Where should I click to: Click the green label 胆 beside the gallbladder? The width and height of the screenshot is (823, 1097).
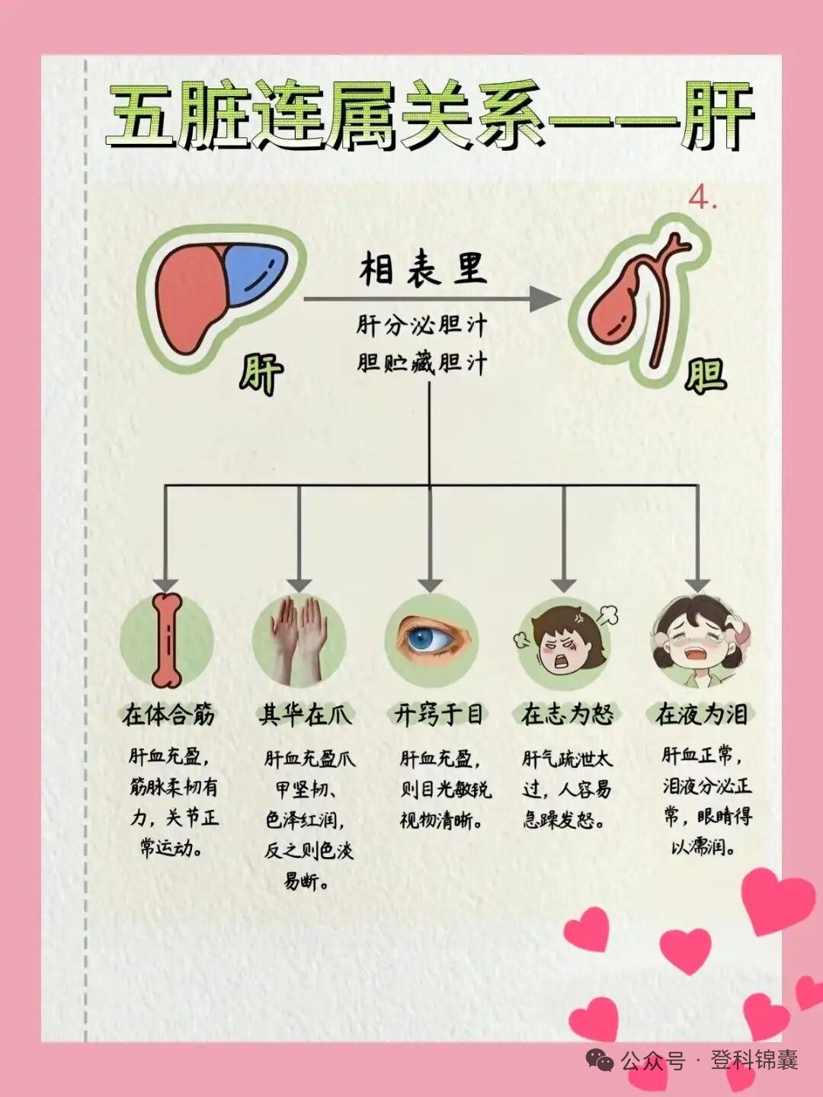tap(705, 374)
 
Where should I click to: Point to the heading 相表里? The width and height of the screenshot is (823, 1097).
tap(423, 270)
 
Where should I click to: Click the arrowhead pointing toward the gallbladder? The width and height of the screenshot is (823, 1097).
tap(546, 299)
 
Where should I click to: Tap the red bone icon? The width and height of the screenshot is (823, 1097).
tap(167, 639)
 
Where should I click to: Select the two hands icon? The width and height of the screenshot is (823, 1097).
tap(299, 637)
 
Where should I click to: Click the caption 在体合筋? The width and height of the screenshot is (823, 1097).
tap(168, 715)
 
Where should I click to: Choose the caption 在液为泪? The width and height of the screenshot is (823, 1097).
tap(701, 715)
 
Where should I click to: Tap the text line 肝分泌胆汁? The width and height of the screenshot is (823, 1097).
tap(421, 326)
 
